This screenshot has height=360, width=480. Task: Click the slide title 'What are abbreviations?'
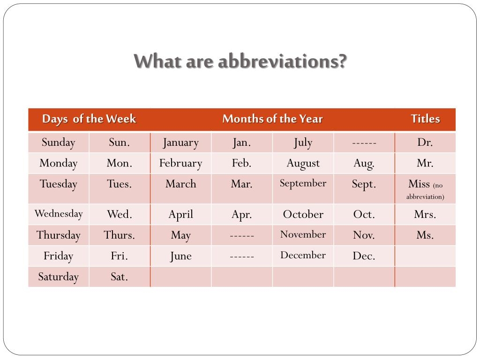click(240, 61)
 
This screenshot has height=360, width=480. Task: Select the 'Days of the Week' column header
click(89, 119)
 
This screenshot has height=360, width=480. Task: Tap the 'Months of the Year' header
click(272, 119)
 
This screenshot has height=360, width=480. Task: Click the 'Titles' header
click(425, 119)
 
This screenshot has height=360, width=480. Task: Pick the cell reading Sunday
click(59, 142)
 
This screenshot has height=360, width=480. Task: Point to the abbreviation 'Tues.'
click(120, 184)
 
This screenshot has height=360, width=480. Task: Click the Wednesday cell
click(59, 214)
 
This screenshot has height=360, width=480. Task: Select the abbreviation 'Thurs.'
click(120, 235)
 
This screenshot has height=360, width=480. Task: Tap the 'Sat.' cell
click(120, 277)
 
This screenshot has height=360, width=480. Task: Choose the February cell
click(180, 164)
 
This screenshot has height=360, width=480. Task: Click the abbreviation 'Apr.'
click(242, 215)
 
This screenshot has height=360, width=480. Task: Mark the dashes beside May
click(242, 236)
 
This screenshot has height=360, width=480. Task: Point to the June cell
click(180, 256)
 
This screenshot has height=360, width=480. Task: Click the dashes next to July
click(364, 143)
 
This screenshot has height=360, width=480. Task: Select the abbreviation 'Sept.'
click(364, 184)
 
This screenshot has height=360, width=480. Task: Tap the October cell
click(303, 215)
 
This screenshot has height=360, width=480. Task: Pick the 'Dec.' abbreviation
click(364, 256)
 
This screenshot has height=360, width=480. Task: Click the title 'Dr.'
click(425, 142)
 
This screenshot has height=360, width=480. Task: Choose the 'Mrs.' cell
click(425, 215)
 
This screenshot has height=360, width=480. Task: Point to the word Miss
click(419, 184)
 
